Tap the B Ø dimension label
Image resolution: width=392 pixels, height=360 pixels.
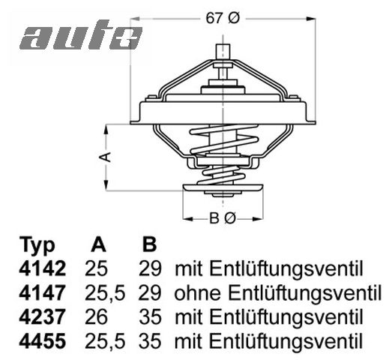click(222, 218)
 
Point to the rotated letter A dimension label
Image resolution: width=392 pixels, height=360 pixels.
click(106, 157)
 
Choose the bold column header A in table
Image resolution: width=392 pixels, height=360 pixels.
click(97, 246)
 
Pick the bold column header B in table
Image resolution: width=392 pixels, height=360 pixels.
click(149, 246)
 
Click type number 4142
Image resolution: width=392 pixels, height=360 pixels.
click(42, 268)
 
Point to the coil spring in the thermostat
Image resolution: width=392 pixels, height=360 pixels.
click(222, 150)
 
